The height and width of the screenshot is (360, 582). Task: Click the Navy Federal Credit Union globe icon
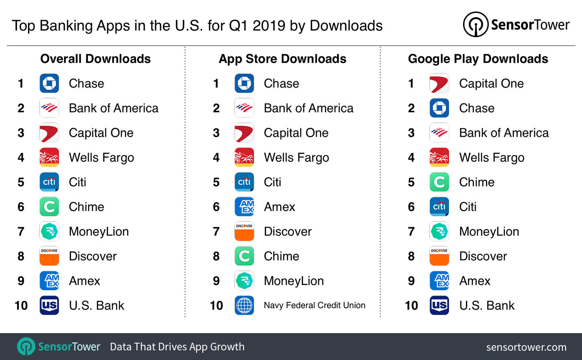pyautogui.click(x=244, y=305)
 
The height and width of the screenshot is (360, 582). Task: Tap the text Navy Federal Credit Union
pyautogui.click(x=314, y=305)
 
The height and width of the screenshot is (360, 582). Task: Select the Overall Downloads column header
pyautogui.click(x=96, y=59)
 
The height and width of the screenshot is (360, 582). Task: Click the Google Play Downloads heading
pyautogui.click(x=478, y=59)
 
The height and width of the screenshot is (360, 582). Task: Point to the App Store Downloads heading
pyautogui.click(x=282, y=59)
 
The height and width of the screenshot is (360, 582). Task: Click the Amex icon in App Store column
pyautogui.click(x=244, y=207)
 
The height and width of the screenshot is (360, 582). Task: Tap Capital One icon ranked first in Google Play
pyautogui.click(x=439, y=83)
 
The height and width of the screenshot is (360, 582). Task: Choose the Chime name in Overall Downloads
pyautogui.click(x=86, y=207)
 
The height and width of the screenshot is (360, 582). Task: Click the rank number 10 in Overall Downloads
pyautogui.click(x=21, y=306)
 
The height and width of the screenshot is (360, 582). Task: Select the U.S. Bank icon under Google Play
pyautogui.click(x=439, y=305)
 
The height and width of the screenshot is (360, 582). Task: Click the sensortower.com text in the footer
pyautogui.click(x=526, y=347)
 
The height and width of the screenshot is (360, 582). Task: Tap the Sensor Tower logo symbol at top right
pyautogui.click(x=476, y=25)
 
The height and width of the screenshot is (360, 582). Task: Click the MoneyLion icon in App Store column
pyautogui.click(x=244, y=281)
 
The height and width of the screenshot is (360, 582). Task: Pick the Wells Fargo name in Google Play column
pyautogui.click(x=492, y=158)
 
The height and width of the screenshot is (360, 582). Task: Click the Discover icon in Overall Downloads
pyautogui.click(x=49, y=256)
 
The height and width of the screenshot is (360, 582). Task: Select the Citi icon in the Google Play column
pyautogui.click(x=439, y=207)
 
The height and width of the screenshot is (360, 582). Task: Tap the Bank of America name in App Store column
pyautogui.click(x=308, y=108)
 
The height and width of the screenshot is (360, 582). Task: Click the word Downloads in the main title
pyautogui.click(x=346, y=26)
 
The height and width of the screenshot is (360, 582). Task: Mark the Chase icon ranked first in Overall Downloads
pyautogui.click(x=49, y=83)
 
